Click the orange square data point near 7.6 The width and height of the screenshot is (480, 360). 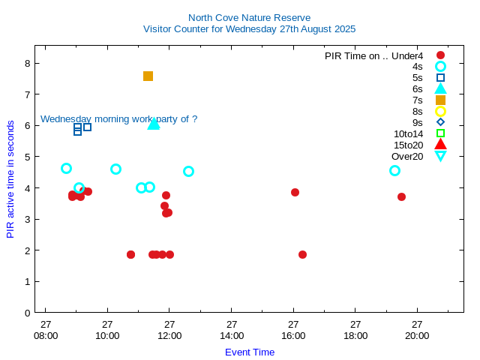point(148,76)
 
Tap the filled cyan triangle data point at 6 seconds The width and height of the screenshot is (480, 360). point(154,124)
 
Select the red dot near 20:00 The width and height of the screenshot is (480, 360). point(401,196)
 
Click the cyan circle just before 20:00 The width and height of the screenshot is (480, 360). point(394,171)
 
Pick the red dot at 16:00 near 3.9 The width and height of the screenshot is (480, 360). point(295,193)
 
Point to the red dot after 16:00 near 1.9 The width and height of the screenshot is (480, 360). point(302,255)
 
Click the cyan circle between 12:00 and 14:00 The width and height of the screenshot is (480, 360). point(188,171)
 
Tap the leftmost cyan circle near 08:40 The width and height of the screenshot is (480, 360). point(66,169)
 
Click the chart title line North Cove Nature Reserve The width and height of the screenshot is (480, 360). point(249,17)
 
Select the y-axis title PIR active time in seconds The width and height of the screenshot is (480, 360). point(10,178)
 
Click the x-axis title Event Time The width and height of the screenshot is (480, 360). point(249,352)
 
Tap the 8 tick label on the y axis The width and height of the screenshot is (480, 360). point(27,63)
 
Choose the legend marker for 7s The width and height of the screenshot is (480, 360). point(440,100)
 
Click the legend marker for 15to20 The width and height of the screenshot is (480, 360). point(440,145)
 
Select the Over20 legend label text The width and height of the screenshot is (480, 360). point(407,156)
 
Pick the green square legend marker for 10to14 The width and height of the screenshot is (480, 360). point(440,133)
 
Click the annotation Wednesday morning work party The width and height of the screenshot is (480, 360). point(118,118)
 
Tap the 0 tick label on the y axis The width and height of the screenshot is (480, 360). point(27,313)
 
